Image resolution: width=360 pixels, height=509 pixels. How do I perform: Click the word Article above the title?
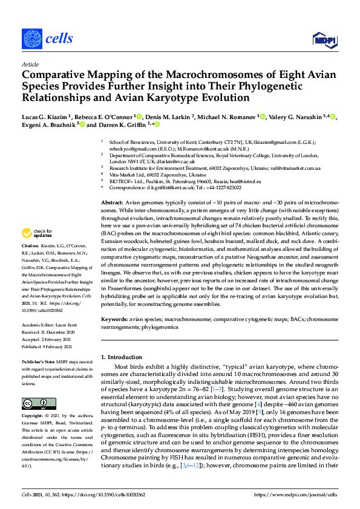tap(30, 64)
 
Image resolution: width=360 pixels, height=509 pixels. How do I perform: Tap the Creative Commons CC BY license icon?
tap(34, 403)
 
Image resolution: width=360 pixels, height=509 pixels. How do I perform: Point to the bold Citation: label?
tap(30, 263)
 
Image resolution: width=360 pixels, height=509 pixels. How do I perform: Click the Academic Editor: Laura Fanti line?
tap(51, 324)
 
